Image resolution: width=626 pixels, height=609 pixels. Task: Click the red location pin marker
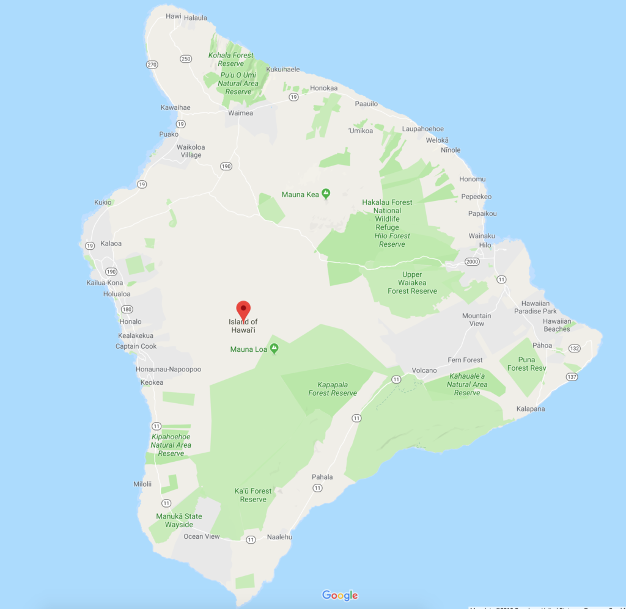(243, 310)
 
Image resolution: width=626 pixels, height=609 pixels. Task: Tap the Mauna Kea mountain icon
(326, 194)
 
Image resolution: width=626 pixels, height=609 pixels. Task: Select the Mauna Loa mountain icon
(274, 349)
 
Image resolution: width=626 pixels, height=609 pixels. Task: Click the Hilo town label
(485, 245)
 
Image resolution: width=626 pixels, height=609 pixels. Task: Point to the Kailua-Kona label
(105, 283)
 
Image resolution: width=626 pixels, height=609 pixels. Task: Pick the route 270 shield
(152, 64)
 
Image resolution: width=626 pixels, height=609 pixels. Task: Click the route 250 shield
(186, 59)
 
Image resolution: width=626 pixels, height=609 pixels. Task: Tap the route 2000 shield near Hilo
(472, 261)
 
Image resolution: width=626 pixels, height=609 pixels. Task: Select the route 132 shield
(574, 348)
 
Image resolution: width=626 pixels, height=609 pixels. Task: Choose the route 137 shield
(572, 377)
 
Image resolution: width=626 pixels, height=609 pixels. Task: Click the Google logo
(339, 595)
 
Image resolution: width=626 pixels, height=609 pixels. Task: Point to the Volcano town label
(424, 370)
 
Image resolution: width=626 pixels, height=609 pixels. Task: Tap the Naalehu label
(279, 537)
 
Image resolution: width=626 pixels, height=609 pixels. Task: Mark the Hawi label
(174, 16)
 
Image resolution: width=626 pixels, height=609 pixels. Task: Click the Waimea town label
(240, 113)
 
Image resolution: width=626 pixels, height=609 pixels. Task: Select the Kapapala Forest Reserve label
(333, 389)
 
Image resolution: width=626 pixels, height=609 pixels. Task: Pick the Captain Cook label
(136, 346)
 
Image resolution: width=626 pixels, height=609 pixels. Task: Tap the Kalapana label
(530, 409)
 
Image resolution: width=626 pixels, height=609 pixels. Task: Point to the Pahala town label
(322, 476)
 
